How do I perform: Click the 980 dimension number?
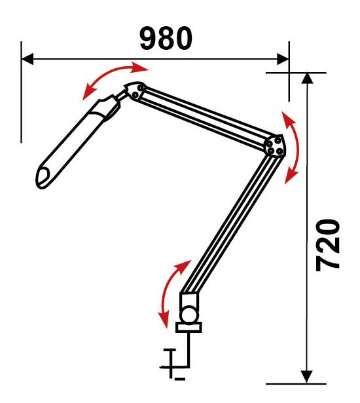click(166, 38)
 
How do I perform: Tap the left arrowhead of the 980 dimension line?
click(27, 59)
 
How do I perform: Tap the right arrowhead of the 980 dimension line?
click(283, 59)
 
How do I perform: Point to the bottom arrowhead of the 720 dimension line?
click(307, 377)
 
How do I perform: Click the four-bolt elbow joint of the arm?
click(274, 145)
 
